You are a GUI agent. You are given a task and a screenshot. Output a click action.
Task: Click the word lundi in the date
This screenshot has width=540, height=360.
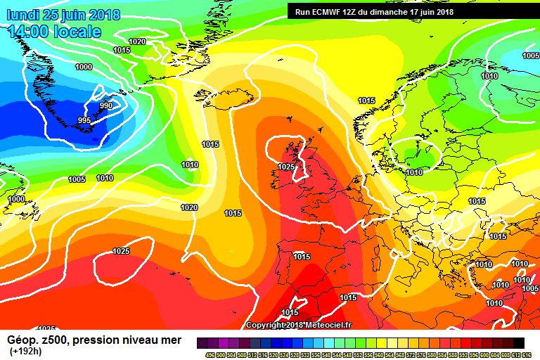[x=22, y=15]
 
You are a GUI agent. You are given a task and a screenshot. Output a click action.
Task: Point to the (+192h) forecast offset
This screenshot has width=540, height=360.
[x=25, y=352]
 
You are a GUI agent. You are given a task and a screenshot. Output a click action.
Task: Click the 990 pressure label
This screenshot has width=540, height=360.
[x=105, y=105]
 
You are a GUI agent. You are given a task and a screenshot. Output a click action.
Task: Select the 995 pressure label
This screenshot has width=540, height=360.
[x=84, y=120]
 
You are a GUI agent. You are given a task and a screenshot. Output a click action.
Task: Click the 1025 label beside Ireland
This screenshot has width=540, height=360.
[x=286, y=167]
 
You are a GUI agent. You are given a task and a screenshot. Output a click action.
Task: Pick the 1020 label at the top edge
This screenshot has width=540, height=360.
[x=137, y=41]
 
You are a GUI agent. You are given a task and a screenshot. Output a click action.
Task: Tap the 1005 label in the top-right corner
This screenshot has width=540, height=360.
[x=531, y=56]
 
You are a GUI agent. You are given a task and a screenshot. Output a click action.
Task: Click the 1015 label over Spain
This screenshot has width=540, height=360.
[x=302, y=257]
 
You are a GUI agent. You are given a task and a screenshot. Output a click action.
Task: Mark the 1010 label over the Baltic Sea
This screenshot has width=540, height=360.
[x=414, y=172]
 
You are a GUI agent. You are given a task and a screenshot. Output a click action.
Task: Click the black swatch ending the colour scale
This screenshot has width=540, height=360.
[x=518, y=342]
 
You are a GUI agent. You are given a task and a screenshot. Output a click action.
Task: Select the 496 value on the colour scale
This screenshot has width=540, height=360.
[x=210, y=355]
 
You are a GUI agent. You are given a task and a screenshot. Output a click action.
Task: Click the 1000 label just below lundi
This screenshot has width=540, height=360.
[x=83, y=67]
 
